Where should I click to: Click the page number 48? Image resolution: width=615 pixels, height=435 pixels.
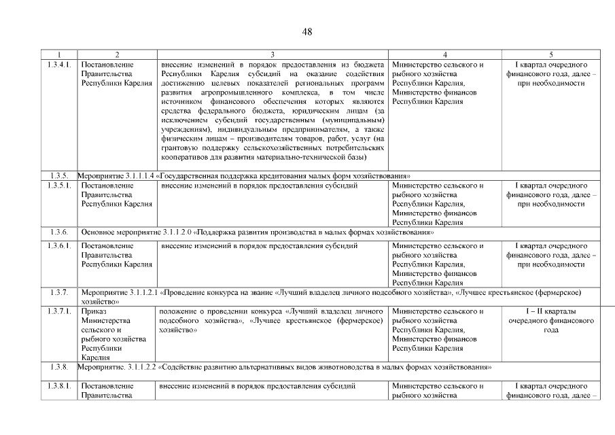tap(307, 31)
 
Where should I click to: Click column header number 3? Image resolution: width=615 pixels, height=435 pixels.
tap(273, 54)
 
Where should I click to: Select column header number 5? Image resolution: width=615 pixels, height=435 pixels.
tap(551, 54)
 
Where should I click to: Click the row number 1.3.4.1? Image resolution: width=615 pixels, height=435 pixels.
tap(59, 65)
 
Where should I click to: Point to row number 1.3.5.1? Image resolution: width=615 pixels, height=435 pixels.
tap(59, 186)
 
